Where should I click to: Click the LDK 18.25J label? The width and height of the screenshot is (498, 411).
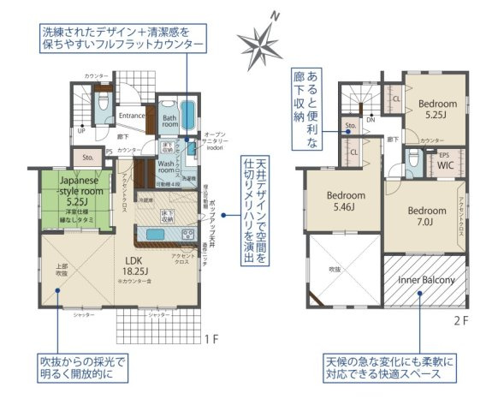[x=136, y=269]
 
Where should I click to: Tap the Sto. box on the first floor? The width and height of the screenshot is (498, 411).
[x=87, y=158]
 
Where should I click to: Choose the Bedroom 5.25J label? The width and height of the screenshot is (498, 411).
[x=436, y=109]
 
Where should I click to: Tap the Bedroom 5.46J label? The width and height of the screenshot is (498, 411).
[x=346, y=200]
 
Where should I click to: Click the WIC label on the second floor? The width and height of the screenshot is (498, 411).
[x=445, y=164]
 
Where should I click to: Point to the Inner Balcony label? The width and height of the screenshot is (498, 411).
[x=425, y=280]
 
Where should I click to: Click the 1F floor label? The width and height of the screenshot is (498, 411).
[x=213, y=338]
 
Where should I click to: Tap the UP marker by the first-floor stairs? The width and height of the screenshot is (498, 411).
[x=81, y=132]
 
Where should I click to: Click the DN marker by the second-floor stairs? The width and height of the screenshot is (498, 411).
[x=370, y=120]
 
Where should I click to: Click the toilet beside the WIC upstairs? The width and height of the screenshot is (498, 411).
[x=413, y=158]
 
